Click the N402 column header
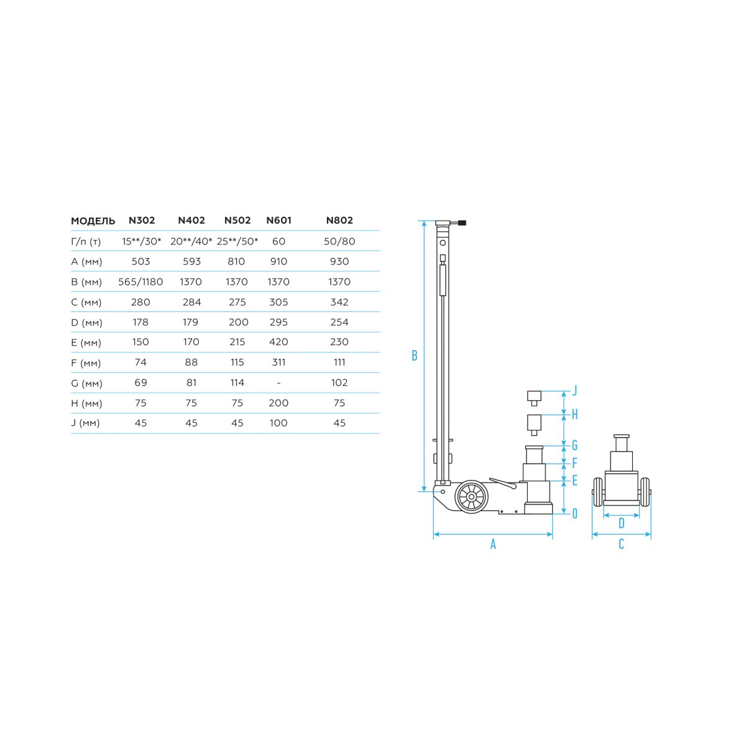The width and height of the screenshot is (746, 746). (191, 220)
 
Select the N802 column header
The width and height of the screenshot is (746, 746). (339, 220)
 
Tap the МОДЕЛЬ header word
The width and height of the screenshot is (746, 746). (93, 221)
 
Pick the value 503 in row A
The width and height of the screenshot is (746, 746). (140, 261)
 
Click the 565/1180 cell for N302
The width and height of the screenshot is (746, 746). (140, 282)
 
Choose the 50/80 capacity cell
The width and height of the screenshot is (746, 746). (339, 241)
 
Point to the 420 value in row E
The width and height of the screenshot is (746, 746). (279, 342)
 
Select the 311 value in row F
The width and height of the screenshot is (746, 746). (279, 362)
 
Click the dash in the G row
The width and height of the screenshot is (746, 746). (279, 384)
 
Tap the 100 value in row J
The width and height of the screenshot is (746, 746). (279, 423)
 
